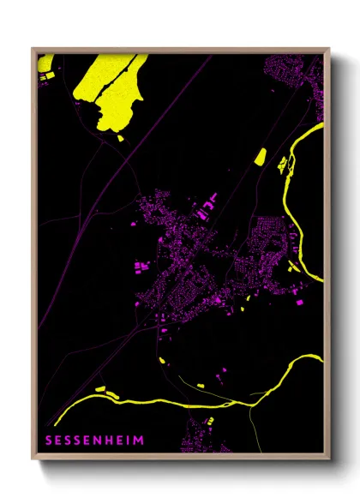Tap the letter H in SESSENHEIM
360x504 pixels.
(x=115, y=440)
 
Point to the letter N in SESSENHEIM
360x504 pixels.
(x=104, y=440)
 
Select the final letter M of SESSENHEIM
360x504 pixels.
(x=140, y=440)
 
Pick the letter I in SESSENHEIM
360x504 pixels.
(x=132, y=440)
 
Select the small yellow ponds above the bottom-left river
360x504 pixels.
(x=105, y=388)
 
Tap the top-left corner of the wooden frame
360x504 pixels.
(x=33, y=49)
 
